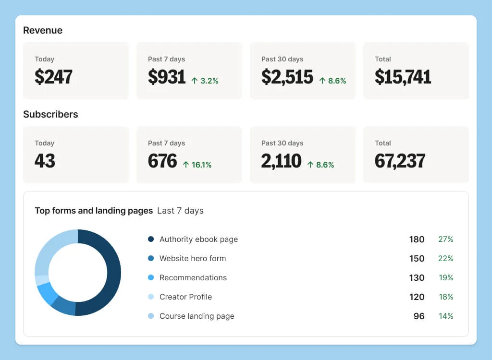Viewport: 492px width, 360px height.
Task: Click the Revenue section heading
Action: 43,30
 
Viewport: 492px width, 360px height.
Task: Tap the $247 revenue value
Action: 53,77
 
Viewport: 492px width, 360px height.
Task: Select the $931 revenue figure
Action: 167,77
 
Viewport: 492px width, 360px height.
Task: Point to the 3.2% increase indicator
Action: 205,81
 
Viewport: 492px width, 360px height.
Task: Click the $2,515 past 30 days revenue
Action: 287,77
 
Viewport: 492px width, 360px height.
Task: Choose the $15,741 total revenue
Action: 403,77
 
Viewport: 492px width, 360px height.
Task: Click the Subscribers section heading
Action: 50,114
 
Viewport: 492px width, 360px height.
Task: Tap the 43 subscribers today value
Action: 45,161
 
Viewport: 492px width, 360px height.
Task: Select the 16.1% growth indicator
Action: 197,165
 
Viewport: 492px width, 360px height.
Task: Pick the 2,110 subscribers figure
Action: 281,161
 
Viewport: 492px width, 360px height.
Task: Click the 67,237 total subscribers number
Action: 400,161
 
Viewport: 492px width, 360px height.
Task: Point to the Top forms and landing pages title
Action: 94,211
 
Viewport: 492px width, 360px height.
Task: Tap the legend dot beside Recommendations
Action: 151,277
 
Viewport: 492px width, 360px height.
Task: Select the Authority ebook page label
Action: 198,239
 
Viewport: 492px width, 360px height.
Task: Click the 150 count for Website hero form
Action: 417,258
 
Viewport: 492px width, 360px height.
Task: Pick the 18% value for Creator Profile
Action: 445,297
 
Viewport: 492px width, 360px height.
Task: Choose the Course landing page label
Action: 197,316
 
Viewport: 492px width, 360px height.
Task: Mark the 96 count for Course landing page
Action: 419,316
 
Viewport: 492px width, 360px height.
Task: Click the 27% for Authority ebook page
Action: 445,239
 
